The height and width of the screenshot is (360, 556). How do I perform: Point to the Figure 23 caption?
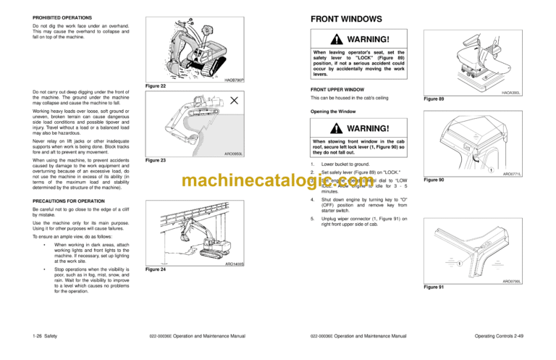156,159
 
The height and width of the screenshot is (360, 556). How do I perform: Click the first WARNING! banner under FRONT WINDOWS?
358,38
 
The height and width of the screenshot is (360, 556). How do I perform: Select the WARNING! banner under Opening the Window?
358,129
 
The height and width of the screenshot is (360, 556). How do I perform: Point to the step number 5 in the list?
311,217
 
